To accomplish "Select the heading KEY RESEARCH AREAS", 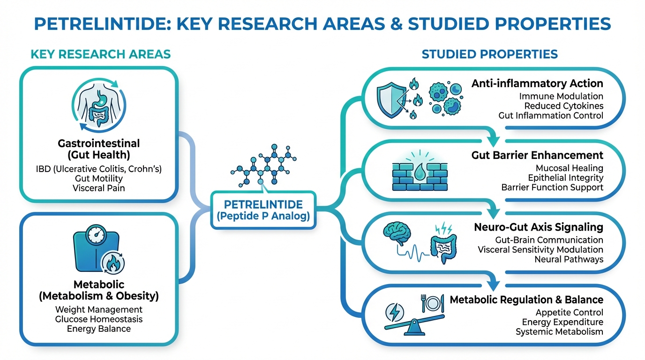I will pos(100,54).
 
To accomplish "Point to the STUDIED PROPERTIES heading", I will pos(490,54).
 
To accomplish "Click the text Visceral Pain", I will pos(99,188).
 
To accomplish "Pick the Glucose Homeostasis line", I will pos(99,319).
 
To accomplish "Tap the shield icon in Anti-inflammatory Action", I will pos(390,99).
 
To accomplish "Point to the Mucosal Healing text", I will pos(569,168).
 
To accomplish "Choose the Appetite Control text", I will pos(569,312).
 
